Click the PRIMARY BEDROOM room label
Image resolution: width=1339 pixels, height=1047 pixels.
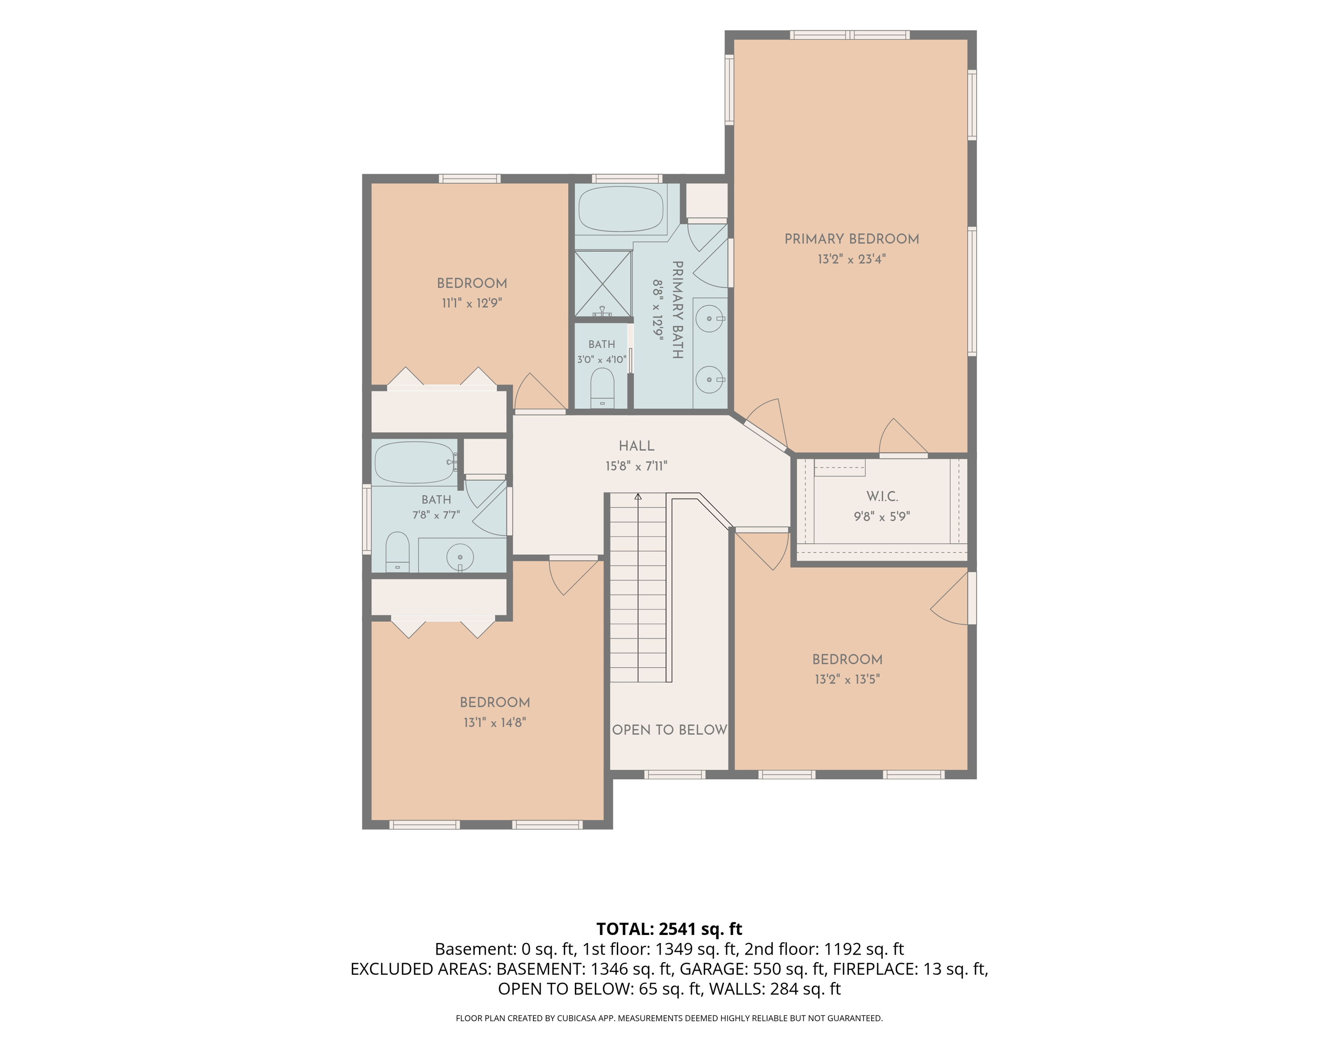click(x=852, y=239)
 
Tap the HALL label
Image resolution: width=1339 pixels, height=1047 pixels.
click(x=636, y=446)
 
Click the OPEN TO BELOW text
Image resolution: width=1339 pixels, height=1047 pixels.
click(x=669, y=730)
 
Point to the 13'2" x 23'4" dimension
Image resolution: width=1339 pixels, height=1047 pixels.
click(x=852, y=259)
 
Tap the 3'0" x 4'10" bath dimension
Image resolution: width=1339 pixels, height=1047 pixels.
click(x=602, y=359)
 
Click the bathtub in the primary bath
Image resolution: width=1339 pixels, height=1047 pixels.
click(x=621, y=209)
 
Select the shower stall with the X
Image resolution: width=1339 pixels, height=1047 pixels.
click(x=603, y=283)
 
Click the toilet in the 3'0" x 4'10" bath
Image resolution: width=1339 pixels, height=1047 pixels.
click(x=602, y=387)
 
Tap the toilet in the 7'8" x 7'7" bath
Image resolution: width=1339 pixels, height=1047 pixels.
click(x=397, y=552)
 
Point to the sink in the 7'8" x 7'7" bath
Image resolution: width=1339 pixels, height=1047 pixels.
click(x=460, y=557)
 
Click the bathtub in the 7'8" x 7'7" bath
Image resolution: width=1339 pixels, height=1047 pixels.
click(x=415, y=462)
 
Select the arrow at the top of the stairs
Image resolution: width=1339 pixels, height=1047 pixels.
click(x=638, y=497)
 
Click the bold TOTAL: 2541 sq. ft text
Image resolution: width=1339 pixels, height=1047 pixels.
click(x=669, y=929)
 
